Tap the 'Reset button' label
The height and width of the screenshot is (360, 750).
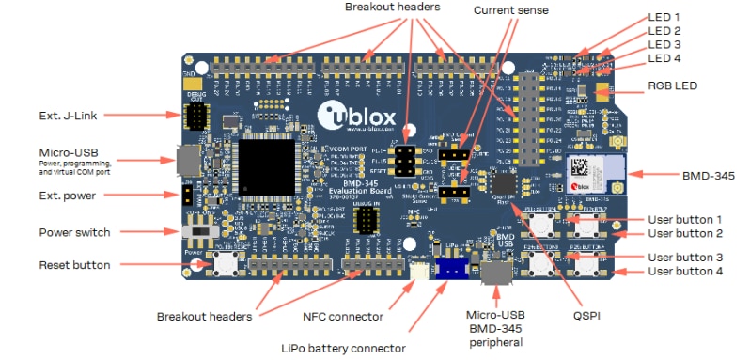coord(73,265)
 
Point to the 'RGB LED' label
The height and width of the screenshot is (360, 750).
coord(671,86)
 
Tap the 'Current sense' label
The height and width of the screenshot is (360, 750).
coord(511,10)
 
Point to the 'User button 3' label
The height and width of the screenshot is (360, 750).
coord(685,257)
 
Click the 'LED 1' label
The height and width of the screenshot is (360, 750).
coord(664,17)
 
